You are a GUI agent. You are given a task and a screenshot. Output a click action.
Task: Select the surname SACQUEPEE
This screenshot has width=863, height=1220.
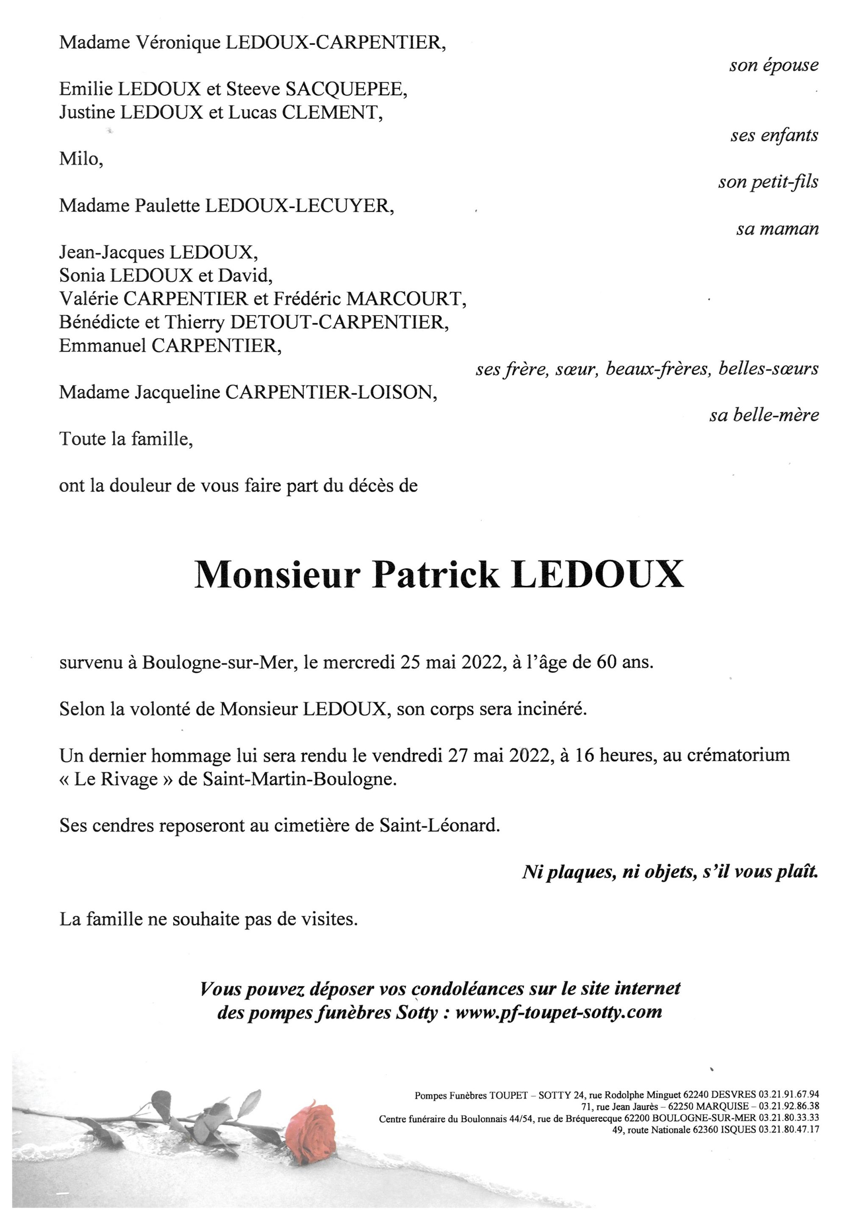point(346,89)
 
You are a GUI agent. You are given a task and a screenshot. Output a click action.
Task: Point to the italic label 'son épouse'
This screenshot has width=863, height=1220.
point(773,65)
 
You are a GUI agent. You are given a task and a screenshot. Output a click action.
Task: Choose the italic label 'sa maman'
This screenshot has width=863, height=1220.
point(777,229)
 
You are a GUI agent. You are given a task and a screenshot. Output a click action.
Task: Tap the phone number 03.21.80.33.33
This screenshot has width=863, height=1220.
point(789,1117)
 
